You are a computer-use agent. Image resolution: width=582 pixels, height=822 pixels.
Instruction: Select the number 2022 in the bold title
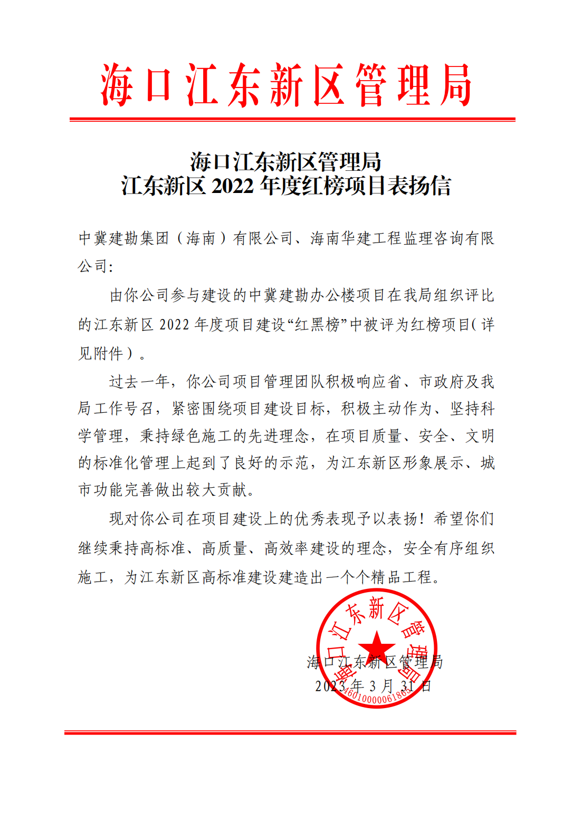point(233,186)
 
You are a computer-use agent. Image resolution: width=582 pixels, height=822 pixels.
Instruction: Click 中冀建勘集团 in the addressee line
point(123,238)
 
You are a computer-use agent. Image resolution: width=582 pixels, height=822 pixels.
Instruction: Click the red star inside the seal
point(376,646)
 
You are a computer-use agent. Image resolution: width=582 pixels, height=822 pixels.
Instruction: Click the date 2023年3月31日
point(373,686)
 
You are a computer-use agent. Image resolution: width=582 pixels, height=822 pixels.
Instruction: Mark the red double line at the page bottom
point(290,732)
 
